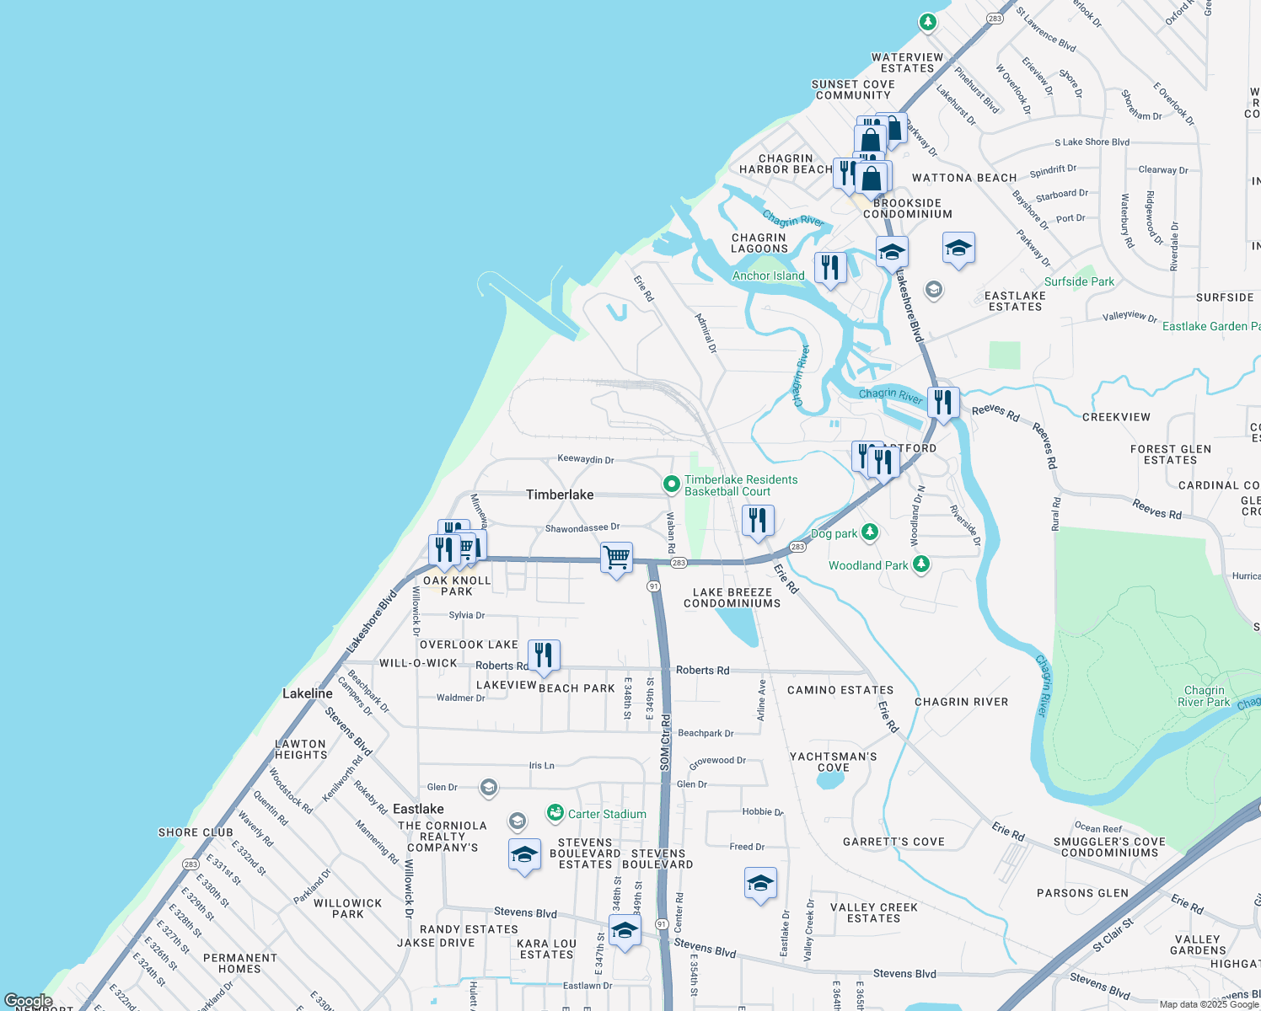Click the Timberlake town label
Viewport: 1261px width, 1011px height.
(x=560, y=495)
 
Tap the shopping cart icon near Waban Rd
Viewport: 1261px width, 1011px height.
(x=616, y=558)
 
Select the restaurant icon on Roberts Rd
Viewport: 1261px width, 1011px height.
(x=544, y=655)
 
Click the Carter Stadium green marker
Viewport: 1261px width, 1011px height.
(x=555, y=813)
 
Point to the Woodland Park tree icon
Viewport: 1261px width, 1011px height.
(x=921, y=564)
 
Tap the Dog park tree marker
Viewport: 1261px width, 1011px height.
(x=870, y=532)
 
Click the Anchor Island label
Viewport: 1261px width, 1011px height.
(x=768, y=275)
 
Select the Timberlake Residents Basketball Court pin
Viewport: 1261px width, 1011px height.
(x=671, y=484)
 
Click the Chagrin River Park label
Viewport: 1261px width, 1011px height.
(x=1203, y=696)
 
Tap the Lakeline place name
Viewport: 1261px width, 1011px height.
(x=307, y=693)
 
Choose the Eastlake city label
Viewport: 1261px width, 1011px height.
(x=418, y=809)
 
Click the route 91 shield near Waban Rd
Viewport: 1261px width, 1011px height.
(x=653, y=586)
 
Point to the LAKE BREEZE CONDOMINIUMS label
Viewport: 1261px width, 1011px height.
(x=732, y=597)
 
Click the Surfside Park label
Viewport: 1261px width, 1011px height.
(x=1079, y=281)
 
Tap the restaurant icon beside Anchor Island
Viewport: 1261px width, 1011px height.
(x=830, y=268)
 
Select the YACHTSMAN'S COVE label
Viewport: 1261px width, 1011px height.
(x=833, y=762)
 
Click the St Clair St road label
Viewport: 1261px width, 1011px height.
(x=1113, y=935)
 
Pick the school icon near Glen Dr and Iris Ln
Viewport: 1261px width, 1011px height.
(x=488, y=788)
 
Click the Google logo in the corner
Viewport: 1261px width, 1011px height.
(x=28, y=1001)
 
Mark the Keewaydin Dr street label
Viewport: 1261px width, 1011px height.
(x=585, y=459)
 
